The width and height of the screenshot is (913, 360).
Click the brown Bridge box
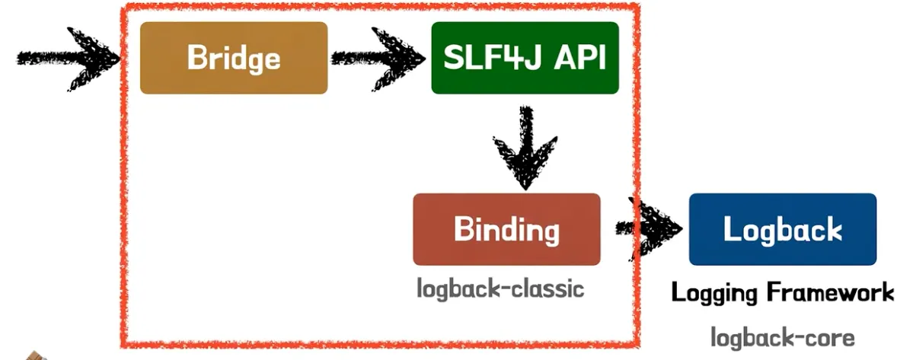click(234, 58)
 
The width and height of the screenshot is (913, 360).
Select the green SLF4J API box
click(525, 58)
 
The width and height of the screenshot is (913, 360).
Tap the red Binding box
click(506, 229)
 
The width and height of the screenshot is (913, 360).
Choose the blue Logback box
click(782, 229)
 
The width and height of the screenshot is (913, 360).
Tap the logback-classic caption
click(500, 289)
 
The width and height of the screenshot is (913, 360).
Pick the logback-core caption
click(783, 337)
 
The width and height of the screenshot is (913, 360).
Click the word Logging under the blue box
click(712, 292)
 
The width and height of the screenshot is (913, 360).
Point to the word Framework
click(826, 292)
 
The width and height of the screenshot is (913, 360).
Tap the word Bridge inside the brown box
click(234, 58)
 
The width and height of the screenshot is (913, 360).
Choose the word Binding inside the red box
click(506, 229)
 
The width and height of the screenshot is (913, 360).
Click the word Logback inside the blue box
click(782, 229)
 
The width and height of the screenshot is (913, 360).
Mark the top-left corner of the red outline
click(124, 7)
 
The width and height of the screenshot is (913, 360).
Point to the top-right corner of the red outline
click(634, 8)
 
